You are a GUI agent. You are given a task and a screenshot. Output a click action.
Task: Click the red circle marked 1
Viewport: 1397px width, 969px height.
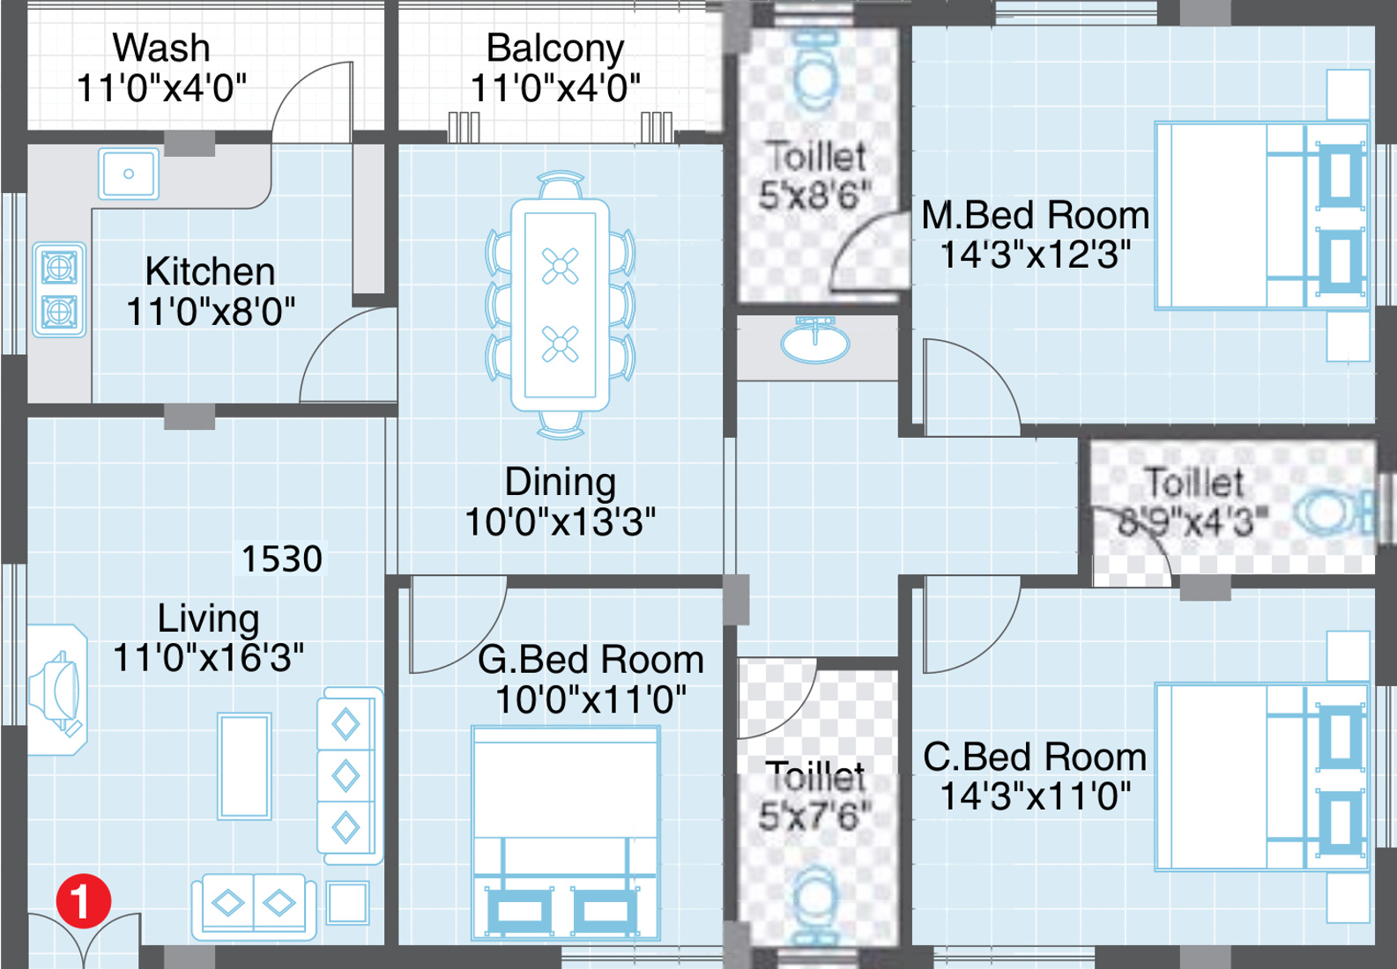[x=84, y=900]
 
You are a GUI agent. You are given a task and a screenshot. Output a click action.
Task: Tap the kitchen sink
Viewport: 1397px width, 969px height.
[x=129, y=174]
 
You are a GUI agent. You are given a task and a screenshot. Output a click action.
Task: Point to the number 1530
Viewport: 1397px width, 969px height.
[x=282, y=558]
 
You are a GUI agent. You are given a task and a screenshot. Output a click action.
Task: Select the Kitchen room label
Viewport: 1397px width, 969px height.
[x=210, y=271]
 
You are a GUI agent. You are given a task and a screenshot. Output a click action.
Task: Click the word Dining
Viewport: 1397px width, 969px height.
[x=560, y=484]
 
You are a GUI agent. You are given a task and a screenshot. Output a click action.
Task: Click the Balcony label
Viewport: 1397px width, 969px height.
[x=555, y=48]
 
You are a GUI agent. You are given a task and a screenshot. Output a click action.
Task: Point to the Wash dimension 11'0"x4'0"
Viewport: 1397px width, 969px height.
[x=161, y=88]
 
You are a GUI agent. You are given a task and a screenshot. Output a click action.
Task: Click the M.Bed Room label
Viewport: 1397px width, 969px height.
[x=1036, y=215]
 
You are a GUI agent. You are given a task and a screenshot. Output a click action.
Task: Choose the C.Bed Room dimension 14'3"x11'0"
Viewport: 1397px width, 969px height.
[x=1036, y=796]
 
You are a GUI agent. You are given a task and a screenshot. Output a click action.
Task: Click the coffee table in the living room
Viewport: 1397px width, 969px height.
[x=244, y=766]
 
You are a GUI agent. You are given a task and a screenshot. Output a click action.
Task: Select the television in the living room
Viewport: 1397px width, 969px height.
[x=56, y=691]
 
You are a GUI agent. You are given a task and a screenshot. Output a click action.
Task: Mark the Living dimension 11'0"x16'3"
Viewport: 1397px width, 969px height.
[x=208, y=657]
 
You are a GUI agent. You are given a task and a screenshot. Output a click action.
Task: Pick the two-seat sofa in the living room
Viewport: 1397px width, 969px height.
[x=254, y=906]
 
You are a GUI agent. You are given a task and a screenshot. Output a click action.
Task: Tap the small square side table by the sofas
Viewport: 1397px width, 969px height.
[x=347, y=902]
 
